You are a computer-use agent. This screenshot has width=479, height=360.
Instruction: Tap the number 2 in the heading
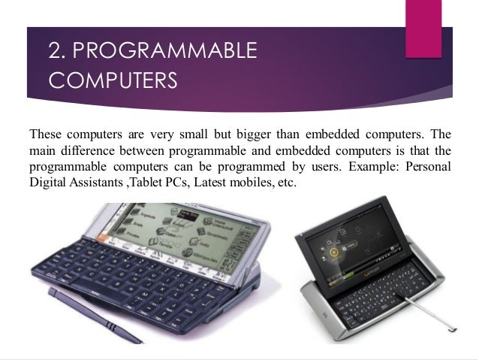pos(55,50)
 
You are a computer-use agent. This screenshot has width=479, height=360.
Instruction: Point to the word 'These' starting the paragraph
pos(45,136)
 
